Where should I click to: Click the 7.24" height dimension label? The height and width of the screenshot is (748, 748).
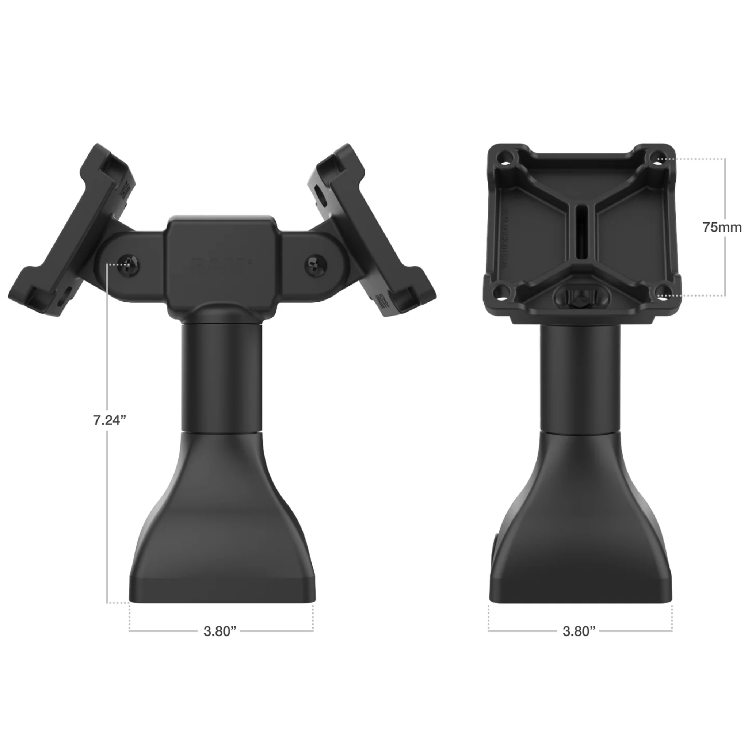coord(110,420)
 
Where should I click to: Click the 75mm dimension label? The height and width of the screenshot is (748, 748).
coord(722,227)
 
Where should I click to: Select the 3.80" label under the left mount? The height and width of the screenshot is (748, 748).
coord(220,631)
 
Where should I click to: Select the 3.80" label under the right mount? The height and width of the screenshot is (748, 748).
coord(579,631)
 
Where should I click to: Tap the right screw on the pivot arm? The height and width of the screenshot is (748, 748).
coord(316,264)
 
